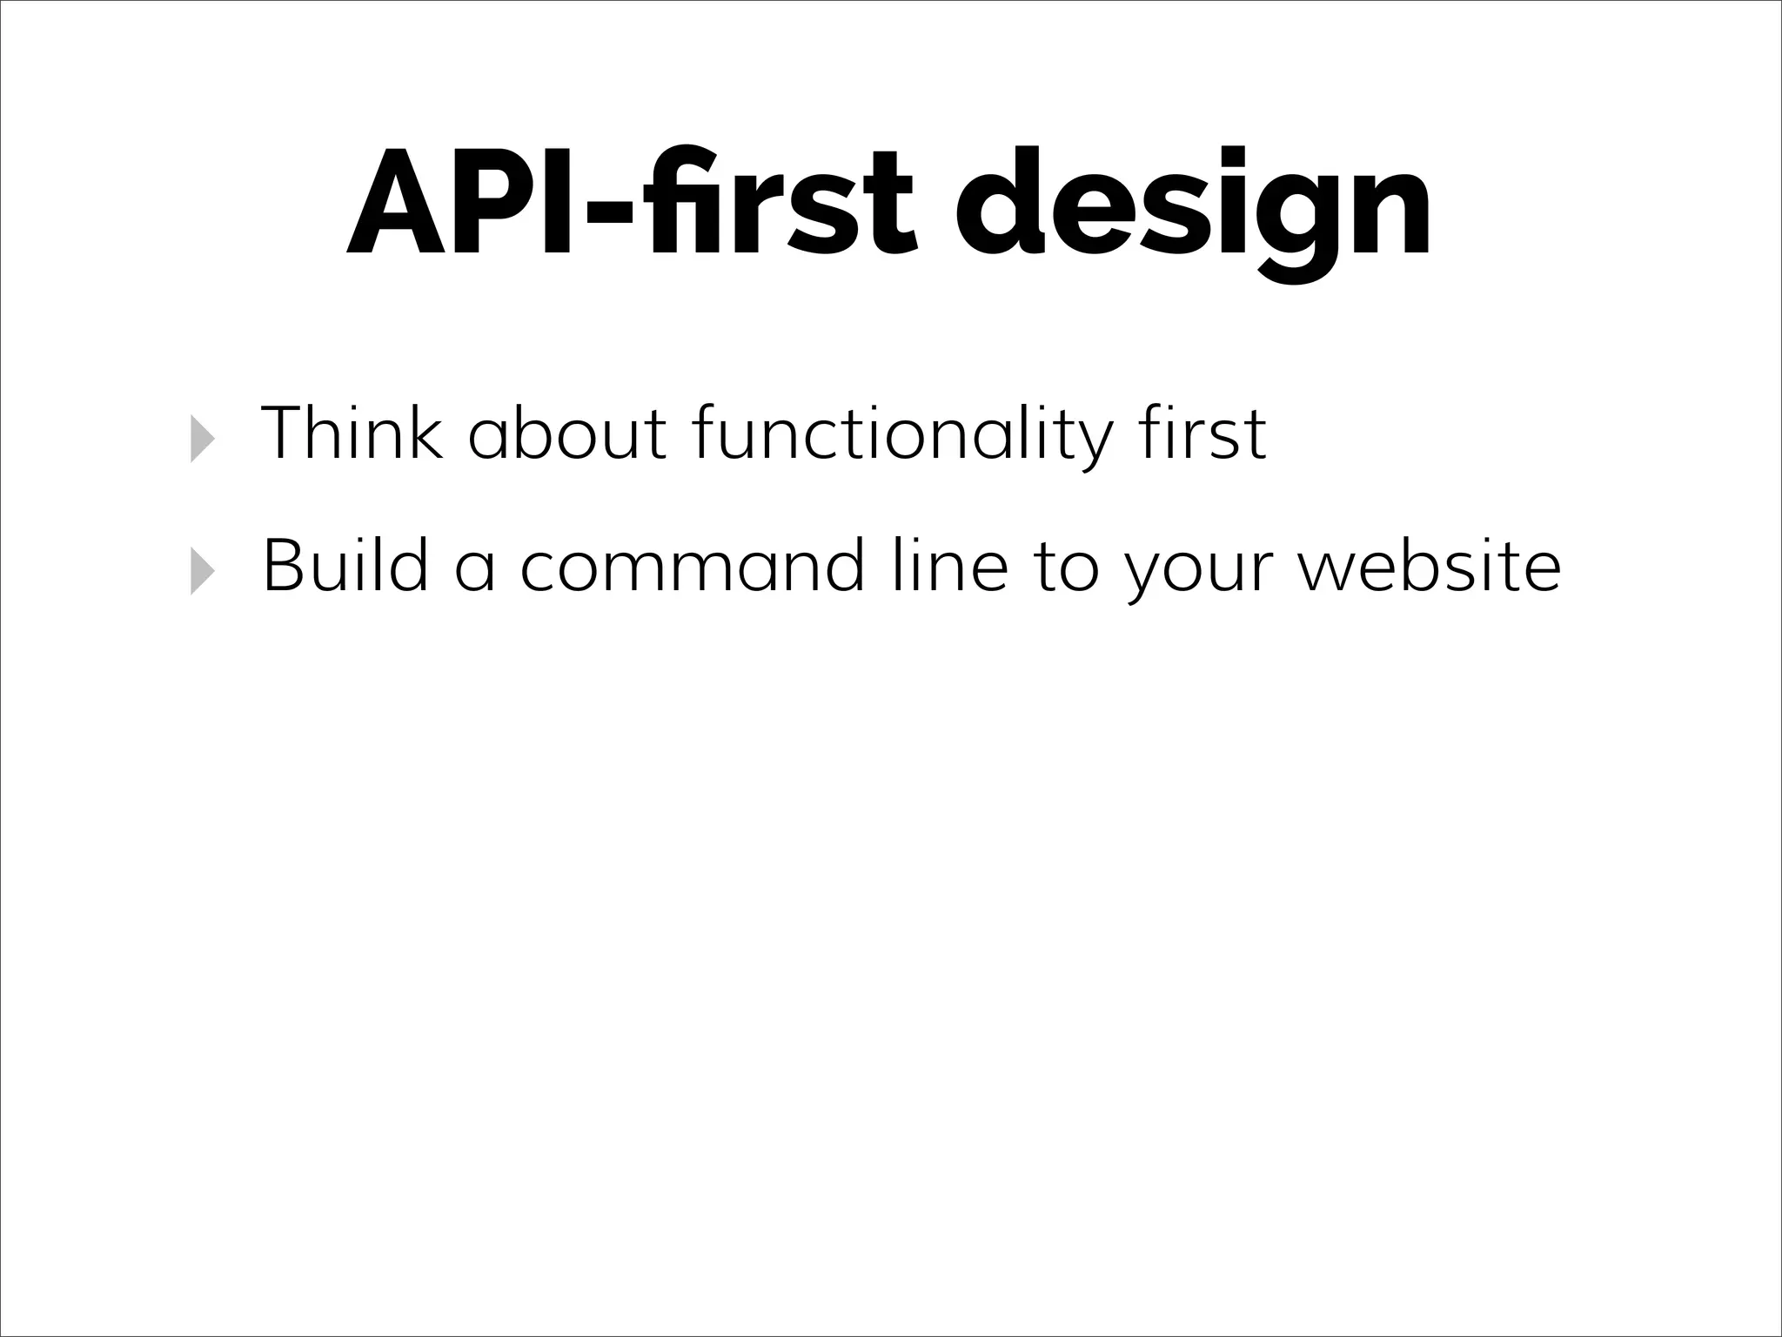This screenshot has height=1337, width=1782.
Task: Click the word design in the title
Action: [x=1193, y=209]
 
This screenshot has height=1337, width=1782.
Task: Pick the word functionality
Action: [x=900, y=434]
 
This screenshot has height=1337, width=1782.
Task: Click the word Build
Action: [x=345, y=566]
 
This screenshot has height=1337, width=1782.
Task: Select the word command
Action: [x=692, y=566]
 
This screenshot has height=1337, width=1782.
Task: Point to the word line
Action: [x=949, y=566]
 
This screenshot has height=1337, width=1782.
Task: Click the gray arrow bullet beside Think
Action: [x=202, y=438]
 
